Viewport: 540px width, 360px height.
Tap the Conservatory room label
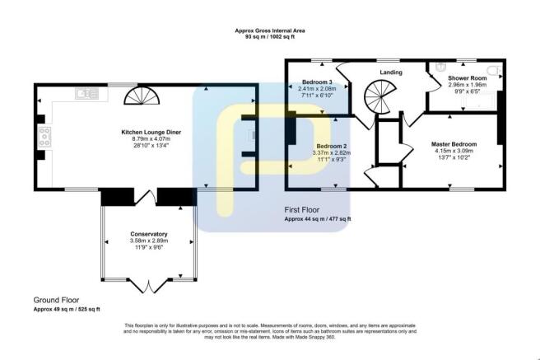pyautogui.click(x=148, y=233)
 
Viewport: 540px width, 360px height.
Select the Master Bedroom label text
pyautogui.click(x=454, y=143)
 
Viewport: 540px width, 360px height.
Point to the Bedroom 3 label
pyautogui.click(x=316, y=82)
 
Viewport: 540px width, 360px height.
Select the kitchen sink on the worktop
pyautogui.click(x=86, y=94)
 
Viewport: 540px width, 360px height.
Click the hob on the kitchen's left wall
pyautogui.click(x=43, y=135)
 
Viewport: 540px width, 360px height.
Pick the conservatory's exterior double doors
pyautogui.click(x=148, y=284)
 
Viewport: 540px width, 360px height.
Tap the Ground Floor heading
pyautogui.click(x=55, y=299)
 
